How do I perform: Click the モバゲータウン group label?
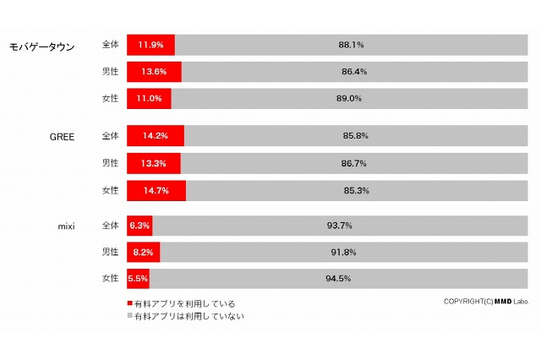pyautogui.click(x=41, y=46)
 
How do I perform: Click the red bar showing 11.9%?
pyautogui.click(x=150, y=45)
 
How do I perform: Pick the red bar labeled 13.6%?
pyautogui.click(x=154, y=72)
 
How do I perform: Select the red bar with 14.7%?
pyautogui.click(x=156, y=190)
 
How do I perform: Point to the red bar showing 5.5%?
pyautogui.click(x=139, y=278)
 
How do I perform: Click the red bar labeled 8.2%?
pyautogui.click(x=143, y=252)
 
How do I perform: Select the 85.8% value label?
pyautogui.click(x=355, y=135)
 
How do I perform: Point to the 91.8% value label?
pyautogui.click(x=343, y=252)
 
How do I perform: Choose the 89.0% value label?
pyautogui.click(x=348, y=98)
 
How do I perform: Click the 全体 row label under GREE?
pyautogui.click(x=110, y=135)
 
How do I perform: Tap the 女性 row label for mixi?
pyautogui.click(x=110, y=278)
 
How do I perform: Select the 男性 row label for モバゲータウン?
pyautogui.click(x=110, y=72)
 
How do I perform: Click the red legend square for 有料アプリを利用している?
pyautogui.click(x=129, y=303)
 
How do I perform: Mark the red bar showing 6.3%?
pyautogui.click(x=139, y=226)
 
